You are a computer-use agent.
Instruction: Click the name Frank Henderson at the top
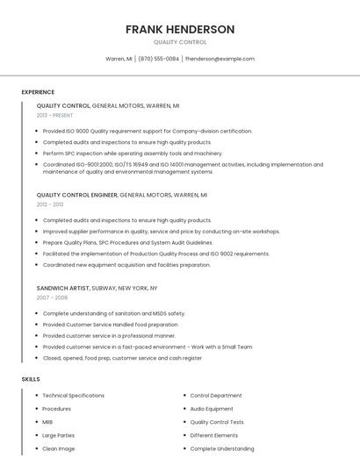tap(180, 29)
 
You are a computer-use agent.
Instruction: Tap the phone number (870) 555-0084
tap(158, 59)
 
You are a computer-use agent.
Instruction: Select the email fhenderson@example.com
tap(220, 59)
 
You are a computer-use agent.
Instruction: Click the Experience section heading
tap(38, 92)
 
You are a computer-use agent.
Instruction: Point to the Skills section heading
tap(31, 379)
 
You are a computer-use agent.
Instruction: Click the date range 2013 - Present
tap(54, 115)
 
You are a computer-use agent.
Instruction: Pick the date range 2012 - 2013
tap(50, 204)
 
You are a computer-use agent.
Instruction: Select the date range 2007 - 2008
tap(52, 297)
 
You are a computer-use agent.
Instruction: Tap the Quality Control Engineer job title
tap(77, 195)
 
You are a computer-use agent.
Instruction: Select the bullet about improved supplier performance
tap(161, 232)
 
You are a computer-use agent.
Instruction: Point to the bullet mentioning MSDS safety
tap(113, 313)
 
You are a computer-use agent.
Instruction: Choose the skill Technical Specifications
tap(73, 396)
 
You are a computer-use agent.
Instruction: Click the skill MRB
tap(47, 422)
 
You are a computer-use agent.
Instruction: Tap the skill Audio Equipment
tap(212, 409)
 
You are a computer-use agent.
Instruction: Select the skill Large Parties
tap(58, 435)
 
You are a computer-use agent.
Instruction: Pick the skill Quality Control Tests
tap(217, 422)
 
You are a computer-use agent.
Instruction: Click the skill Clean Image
tap(58, 448)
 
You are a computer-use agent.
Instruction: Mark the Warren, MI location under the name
tap(119, 59)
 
